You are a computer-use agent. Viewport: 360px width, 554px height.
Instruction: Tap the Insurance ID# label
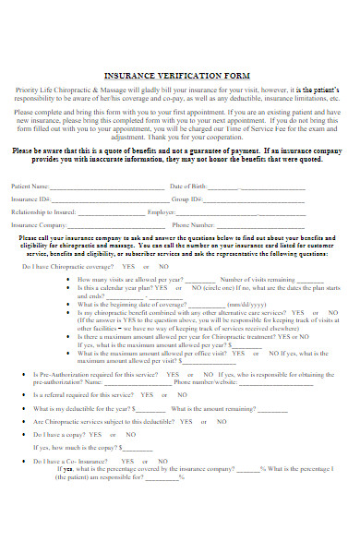click(x=31, y=199)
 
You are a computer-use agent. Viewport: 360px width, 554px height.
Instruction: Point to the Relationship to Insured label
click(x=43, y=211)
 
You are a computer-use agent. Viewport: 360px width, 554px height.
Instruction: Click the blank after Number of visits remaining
click(x=310, y=280)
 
